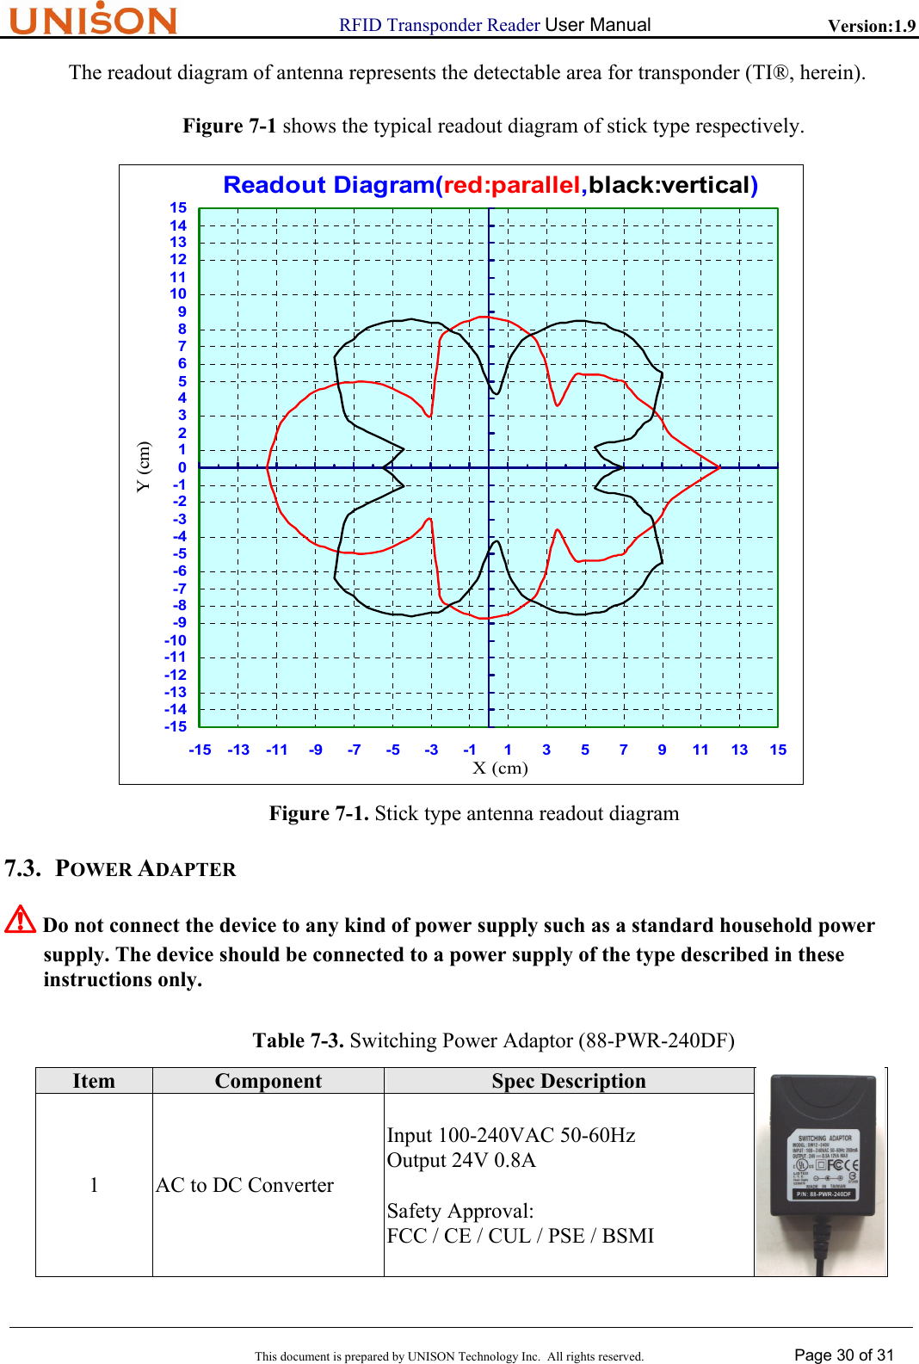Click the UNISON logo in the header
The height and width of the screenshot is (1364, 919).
(x=93, y=19)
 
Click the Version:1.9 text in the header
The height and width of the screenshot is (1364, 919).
(x=871, y=26)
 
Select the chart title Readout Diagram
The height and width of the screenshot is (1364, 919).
(x=490, y=185)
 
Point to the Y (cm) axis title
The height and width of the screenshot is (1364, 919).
(x=143, y=466)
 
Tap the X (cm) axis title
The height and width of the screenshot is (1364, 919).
(x=500, y=768)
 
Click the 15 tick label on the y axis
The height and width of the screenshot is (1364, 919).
(x=178, y=207)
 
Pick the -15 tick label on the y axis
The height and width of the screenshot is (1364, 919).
(x=176, y=727)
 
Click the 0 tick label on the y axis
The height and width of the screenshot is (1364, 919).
(x=182, y=467)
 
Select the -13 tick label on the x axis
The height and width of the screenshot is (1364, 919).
(x=238, y=750)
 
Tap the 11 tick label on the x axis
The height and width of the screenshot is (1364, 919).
(x=700, y=750)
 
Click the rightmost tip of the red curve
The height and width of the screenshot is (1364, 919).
(x=719, y=467)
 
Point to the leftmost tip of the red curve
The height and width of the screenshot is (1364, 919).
(x=268, y=467)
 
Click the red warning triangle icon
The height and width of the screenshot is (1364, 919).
(x=20, y=920)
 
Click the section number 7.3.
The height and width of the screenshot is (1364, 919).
(x=23, y=868)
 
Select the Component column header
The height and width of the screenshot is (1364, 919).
(x=268, y=1081)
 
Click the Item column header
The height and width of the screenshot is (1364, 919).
(x=94, y=1081)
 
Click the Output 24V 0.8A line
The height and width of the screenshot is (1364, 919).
(x=461, y=1160)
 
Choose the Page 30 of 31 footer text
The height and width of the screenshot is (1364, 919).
(x=843, y=1355)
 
